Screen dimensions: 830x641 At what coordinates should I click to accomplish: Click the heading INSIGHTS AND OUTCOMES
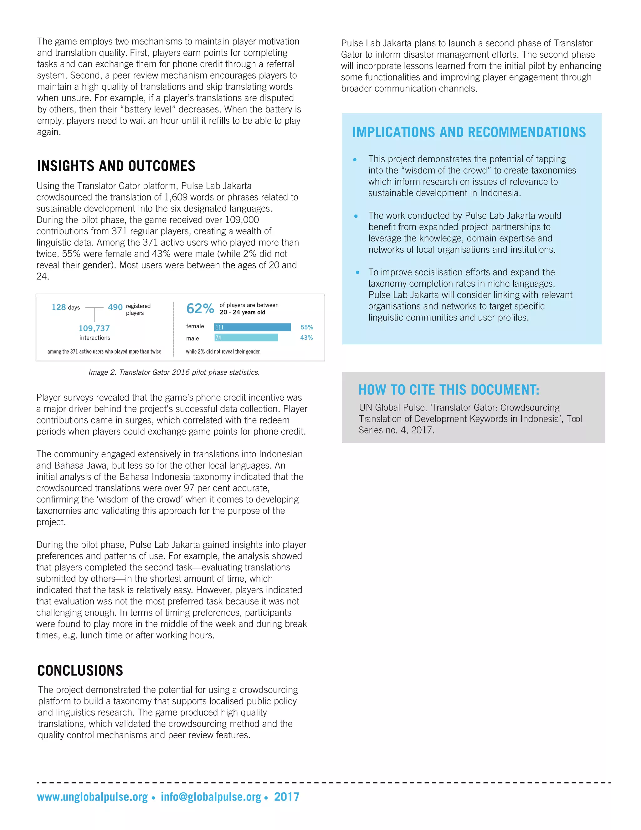coord(116,166)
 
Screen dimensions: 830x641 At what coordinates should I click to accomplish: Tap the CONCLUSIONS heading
coord(80,671)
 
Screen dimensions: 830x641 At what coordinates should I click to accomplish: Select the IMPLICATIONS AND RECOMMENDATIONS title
coord(469,132)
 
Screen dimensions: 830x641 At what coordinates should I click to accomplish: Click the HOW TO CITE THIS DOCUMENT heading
coord(449,390)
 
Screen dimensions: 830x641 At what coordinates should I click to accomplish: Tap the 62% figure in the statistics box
coord(200,309)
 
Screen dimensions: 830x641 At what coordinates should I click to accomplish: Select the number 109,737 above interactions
coord(94,328)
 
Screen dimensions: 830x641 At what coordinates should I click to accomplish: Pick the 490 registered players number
coord(115,307)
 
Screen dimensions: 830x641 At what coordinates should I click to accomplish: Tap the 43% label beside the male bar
coord(306,337)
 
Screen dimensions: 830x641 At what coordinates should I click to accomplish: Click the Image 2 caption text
coord(174,372)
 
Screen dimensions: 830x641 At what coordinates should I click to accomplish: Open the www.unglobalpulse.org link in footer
coord(92,797)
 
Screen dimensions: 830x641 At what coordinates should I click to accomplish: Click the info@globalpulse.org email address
coord(211,797)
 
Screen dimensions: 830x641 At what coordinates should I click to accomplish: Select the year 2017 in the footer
coord(287,797)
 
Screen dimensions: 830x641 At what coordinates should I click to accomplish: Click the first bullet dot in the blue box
coord(355,160)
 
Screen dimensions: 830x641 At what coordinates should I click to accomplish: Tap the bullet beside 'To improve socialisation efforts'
coord(357,272)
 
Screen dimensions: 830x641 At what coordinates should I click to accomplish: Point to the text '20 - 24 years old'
coord(242,312)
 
